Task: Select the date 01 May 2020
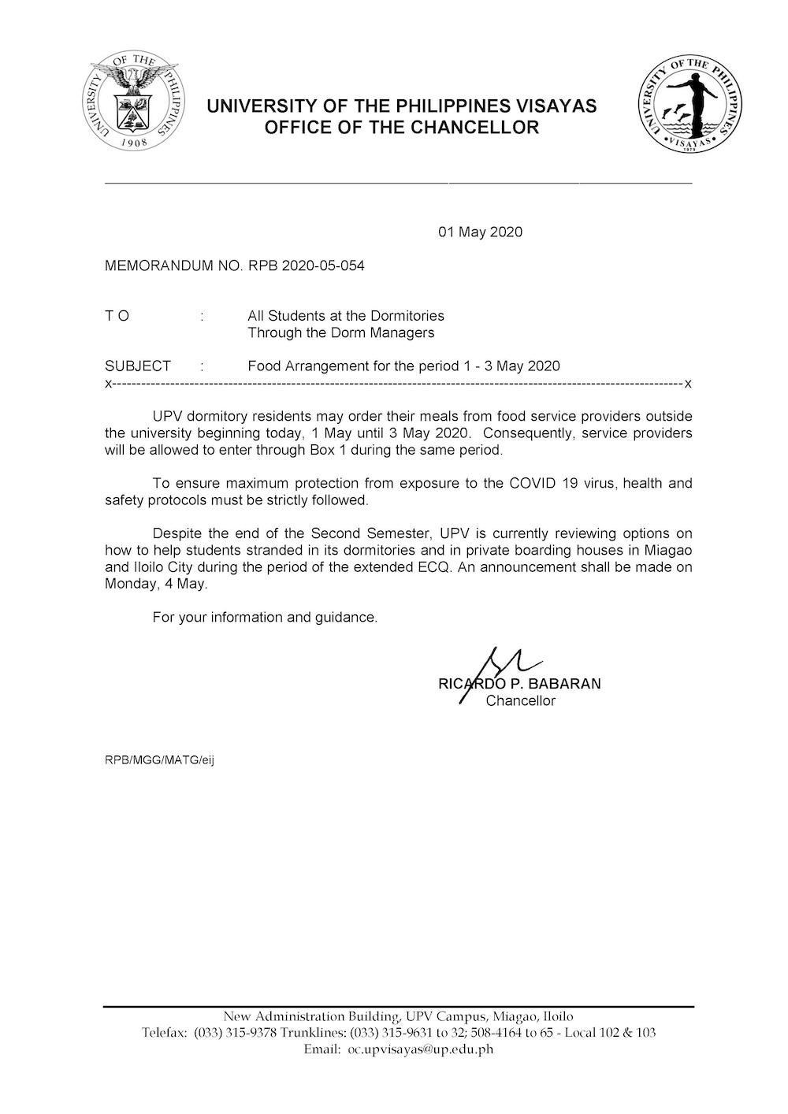click(x=480, y=232)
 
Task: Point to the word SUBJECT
click(x=138, y=366)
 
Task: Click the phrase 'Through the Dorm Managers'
click(x=340, y=332)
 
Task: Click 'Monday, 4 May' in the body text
click(x=155, y=584)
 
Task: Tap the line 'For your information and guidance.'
click(x=265, y=617)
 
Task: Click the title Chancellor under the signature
click(x=520, y=700)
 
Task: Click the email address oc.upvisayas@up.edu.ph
click(x=421, y=1049)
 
